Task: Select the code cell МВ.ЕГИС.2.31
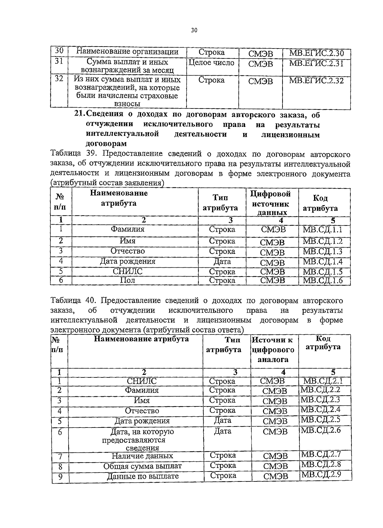tap(316, 63)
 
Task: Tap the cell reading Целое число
tap(212, 63)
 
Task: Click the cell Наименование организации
tap(127, 52)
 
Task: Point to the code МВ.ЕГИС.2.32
tap(316, 81)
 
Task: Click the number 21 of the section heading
tap(79, 115)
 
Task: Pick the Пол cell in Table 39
tap(127, 280)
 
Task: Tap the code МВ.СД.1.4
tap(322, 262)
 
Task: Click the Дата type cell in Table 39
tap(222, 262)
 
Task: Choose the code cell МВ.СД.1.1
tap(322, 229)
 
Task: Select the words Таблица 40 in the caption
tap(73, 301)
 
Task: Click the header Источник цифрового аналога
tap(273, 350)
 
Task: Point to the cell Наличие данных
tap(142, 456)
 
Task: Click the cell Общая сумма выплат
tap(142, 466)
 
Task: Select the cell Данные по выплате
tap(142, 476)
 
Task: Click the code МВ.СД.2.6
tap(321, 430)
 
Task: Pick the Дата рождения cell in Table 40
tap(142, 421)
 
